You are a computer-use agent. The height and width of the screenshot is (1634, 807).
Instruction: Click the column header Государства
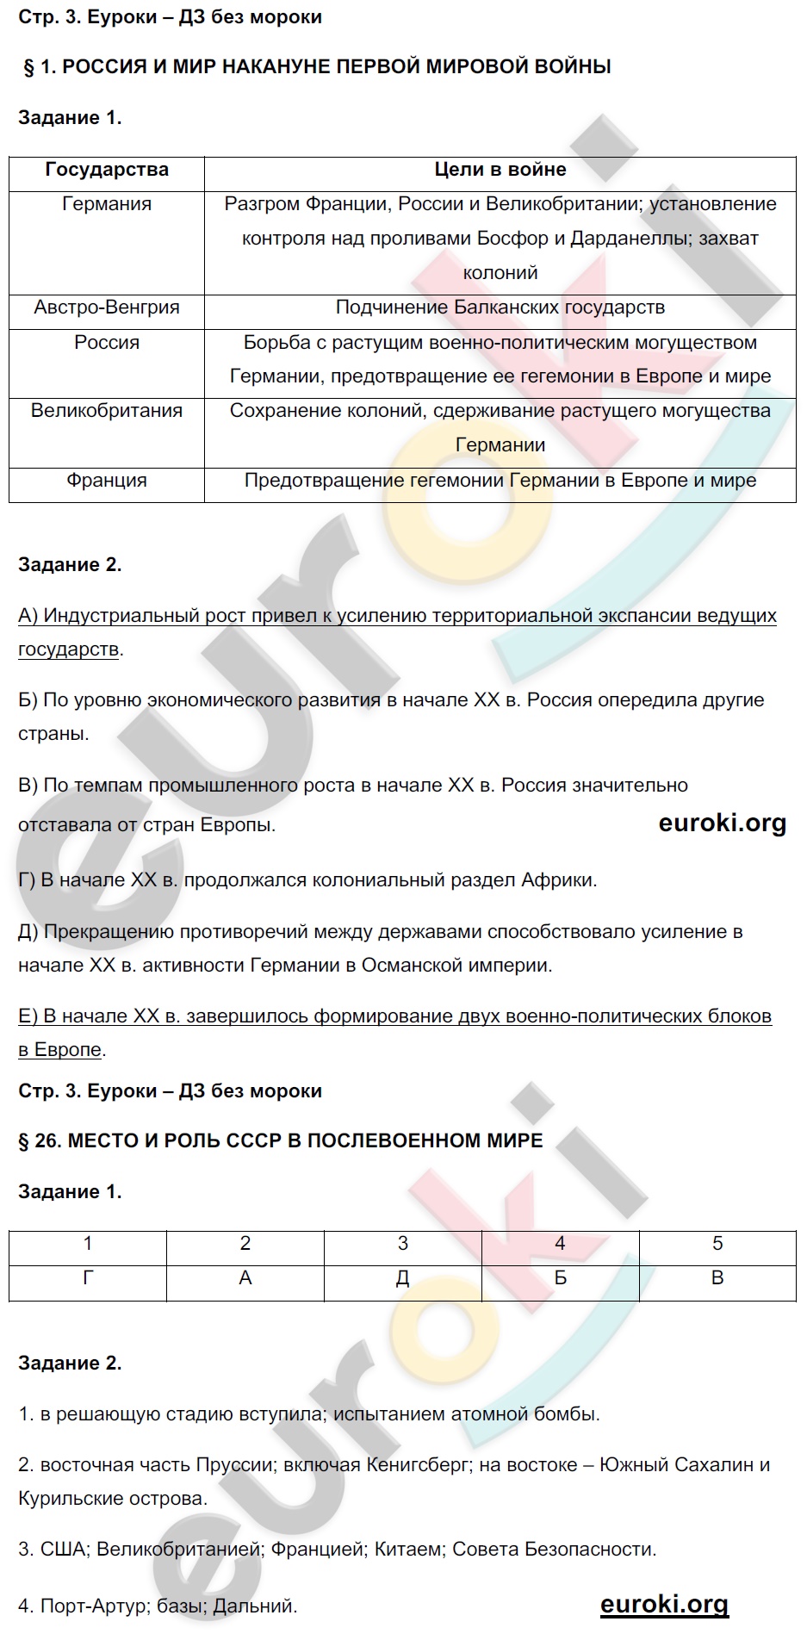[x=107, y=170]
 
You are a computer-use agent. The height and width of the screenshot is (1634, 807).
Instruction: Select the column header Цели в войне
[x=500, y=170]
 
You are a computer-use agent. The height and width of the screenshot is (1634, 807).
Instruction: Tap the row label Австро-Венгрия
[x=107, y=308]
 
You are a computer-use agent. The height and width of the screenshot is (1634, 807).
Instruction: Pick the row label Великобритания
[x=107, y=411]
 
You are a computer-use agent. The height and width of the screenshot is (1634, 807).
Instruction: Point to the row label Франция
[x=107, y=481]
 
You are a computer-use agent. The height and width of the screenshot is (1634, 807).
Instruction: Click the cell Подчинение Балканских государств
[x=500, y=308]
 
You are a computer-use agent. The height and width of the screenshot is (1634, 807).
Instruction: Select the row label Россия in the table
[x=107, y=343]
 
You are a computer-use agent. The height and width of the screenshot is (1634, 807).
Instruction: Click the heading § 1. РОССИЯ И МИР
[x=317, y=67]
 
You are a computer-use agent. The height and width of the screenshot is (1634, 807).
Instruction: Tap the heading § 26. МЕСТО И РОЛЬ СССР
[x=281, y=1141]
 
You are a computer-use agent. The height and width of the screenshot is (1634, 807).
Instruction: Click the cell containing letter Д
[x=403, y=1278]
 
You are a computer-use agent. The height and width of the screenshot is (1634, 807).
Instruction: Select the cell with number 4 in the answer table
[x=560, y=1244]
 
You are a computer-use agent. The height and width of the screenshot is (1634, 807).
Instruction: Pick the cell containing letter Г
[x=88, y=1278]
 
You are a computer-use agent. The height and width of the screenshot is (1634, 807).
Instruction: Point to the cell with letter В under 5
[x=717, y=1278]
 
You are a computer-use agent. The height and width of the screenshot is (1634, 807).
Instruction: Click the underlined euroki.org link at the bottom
[x=664, y=1604]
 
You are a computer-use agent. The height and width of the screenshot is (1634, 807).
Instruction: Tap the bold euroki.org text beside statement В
[x=722, y=823]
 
